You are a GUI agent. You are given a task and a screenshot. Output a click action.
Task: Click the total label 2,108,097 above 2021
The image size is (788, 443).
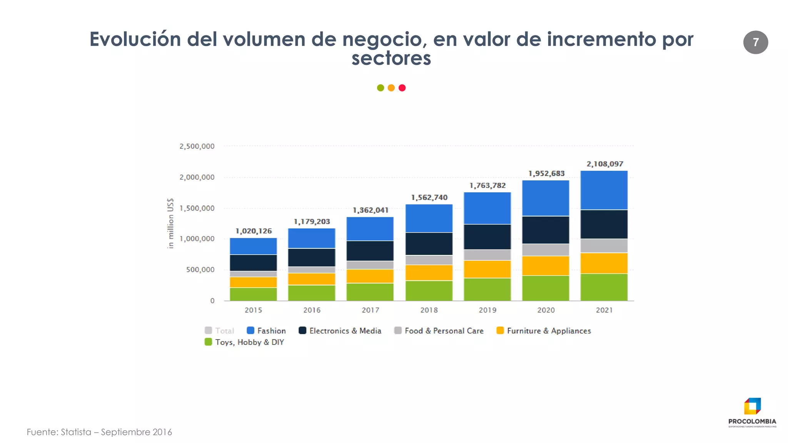click(x=604, y=164)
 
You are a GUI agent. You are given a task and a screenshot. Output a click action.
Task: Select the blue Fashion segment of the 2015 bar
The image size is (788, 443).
click(x=253, y=246)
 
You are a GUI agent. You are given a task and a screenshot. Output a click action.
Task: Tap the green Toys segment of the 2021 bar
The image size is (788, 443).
click(x=604, y=287)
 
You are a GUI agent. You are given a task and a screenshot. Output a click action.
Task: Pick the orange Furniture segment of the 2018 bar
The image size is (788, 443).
click(x=429, y=272)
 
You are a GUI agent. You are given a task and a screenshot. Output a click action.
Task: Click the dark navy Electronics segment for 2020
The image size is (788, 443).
click(x=545, y=230)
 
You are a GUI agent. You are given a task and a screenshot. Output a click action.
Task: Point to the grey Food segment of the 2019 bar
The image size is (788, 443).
click(x=487, y=255)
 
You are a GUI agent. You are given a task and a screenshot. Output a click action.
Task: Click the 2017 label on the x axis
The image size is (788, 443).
click(x=370, y=310)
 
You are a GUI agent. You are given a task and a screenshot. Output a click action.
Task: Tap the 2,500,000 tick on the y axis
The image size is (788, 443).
click(x=197, y=146)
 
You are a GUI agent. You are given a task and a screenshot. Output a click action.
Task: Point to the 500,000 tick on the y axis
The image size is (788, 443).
click(x=200, y=270)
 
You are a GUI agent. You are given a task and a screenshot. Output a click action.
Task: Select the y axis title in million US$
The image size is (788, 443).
click(x=170, y=223)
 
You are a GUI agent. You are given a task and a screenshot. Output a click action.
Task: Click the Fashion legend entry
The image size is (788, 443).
click(x=266, y=331)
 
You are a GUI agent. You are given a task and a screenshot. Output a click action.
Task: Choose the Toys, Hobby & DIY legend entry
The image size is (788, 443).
click(x=244, y=342)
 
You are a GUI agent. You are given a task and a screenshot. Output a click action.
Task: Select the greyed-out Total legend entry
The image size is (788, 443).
click(x=219, y=331)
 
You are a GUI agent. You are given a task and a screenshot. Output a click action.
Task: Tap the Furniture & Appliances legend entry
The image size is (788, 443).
click(x=543, y=331)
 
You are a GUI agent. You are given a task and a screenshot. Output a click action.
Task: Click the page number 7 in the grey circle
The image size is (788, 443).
click(x=755, y=42)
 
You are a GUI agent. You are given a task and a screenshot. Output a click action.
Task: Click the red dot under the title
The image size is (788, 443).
click(x=402, y=88)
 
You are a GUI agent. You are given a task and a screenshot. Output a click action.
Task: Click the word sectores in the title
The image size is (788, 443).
click(x=391, y=58)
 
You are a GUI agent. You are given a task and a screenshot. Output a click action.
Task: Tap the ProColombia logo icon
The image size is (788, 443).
click(x=752, y=406)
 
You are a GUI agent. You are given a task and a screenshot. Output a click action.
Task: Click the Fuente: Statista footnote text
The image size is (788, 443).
click(x=99, y=432)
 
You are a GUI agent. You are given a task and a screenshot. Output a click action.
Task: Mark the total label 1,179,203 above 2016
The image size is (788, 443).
click(x=312, y=221)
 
